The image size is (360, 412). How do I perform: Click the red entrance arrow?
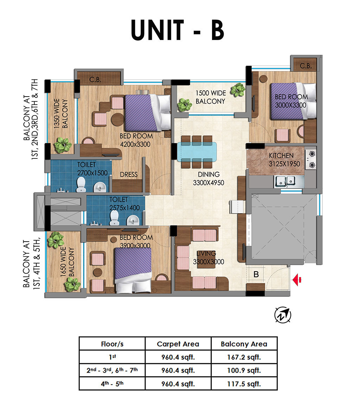click(x=297, y=280)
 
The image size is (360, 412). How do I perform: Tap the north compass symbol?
click(x=283, y=315)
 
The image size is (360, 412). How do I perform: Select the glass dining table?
click(x=197, y=152)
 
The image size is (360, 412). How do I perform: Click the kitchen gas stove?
click(x=310, y=159)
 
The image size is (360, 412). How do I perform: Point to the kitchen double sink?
click(x=285, y=181)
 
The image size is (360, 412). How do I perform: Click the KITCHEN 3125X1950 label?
click(x=284, y=160)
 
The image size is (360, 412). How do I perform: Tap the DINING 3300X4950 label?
click(x=208, y=178)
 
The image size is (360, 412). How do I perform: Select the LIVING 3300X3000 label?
click(x=208, y=257)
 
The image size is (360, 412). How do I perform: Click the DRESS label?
click(x=129, y=175)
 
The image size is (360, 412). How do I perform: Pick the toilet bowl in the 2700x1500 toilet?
click(x=81, y=184)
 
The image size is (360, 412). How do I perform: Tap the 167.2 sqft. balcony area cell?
click(x=244, y=357)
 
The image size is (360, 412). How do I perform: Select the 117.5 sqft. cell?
click(x=244, y=384)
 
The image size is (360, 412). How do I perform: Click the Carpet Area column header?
click(x=178, y=344)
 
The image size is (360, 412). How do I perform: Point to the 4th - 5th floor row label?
click(x=112, y=384)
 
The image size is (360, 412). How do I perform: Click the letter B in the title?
click(x=218, y=30)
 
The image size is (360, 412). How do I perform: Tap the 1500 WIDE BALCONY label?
click(x=211, y=97)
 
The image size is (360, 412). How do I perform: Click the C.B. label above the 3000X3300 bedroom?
click(x=306, y=66)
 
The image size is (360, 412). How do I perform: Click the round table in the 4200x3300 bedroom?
click(x=117, y=119)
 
